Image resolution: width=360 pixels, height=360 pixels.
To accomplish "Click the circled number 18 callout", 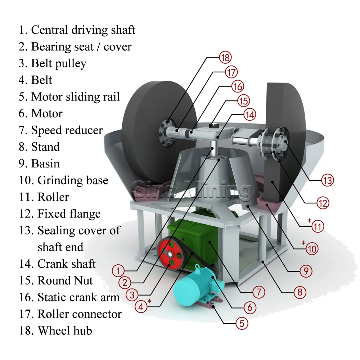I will point(225,58).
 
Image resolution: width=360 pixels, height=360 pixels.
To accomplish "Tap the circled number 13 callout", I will point(327,180).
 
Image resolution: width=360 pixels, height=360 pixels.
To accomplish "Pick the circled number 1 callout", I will point(118,270).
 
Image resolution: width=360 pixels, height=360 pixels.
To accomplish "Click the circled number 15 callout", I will point(243,101).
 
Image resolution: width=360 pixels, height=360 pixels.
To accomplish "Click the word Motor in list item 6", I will point(47,114).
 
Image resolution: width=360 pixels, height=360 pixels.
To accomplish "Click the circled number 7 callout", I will point(258,292).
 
